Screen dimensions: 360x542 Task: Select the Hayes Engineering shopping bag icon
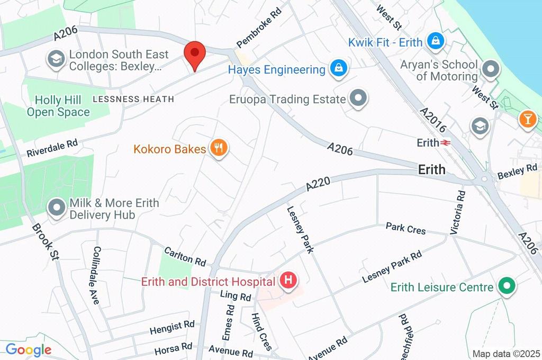pos(339,69)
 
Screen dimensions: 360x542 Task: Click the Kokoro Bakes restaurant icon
pos(218,148)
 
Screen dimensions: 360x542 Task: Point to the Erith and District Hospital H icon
pos(288,280)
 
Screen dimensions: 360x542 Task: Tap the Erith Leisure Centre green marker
pos(507,286)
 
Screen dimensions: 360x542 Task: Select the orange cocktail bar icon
pos(527,119)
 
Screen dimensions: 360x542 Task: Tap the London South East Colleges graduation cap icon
pos(56,60)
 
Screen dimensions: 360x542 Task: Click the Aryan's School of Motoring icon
pos(492,69)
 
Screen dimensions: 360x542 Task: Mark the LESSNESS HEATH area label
pos(133,99)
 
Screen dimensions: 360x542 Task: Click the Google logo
pos(28,349)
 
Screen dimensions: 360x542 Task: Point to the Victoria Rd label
pos(458,212)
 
